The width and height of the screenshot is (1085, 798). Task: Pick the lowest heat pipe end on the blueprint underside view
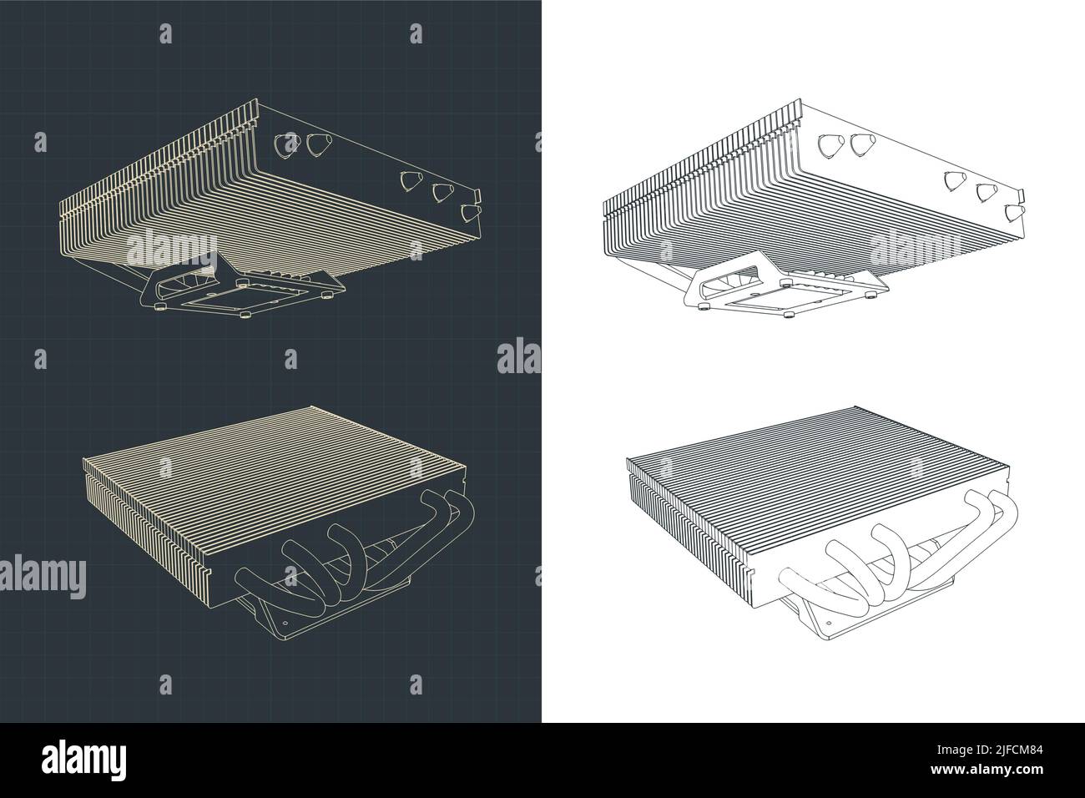tap(470, 214)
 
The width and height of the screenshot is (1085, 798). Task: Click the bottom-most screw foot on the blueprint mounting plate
tap(245, 316)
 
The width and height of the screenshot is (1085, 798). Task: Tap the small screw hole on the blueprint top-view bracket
tap(284, 622)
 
